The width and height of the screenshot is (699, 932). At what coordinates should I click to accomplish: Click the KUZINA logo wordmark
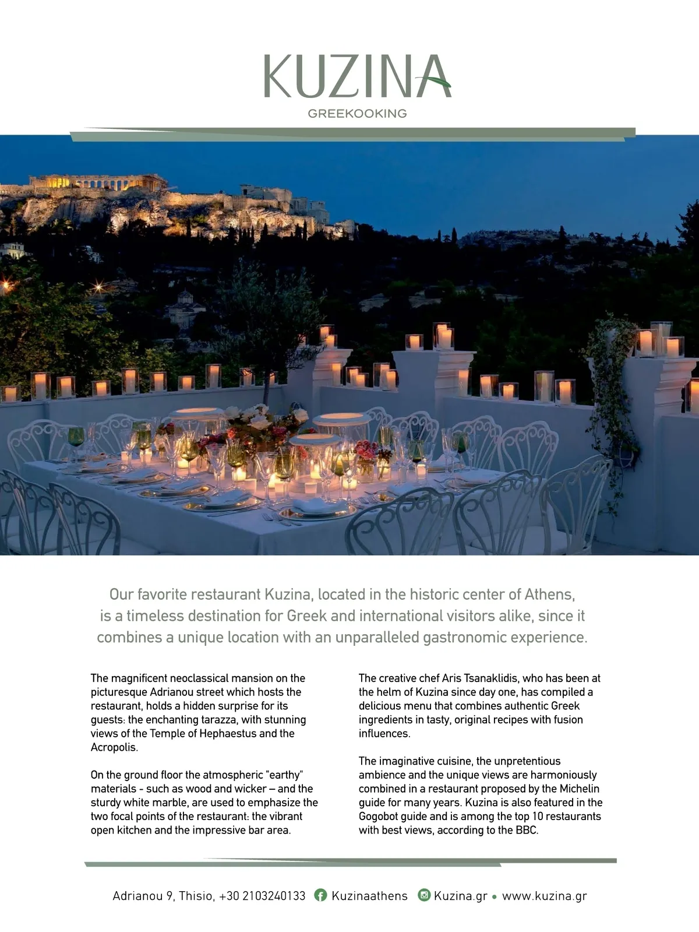pyautogui.click(x=356, y=76)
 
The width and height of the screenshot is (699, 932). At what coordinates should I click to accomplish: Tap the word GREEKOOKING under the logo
pyautogui.click(x=357, y=114)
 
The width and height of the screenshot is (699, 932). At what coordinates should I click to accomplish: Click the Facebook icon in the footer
pyautogui.click(x=320, y=895)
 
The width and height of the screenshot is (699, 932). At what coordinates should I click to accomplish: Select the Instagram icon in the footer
pyautogui.click(x=424, y=895)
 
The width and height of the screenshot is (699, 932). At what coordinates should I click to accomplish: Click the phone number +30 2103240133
pyautogui.click(x=262, y=896)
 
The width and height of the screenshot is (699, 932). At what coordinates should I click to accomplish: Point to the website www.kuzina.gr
pyautogui.click(x=544, y=896)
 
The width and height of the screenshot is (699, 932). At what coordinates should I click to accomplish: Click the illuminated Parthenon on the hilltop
pyautogui.click(x=96, y=182)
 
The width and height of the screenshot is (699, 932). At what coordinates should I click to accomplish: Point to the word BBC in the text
pyautogui.click(x=526, y=830)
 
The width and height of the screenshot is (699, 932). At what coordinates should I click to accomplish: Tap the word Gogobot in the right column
pyautogui.click(x=378, y=816)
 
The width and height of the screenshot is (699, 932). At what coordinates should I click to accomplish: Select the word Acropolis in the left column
pyautogui.click(x=114, y=747)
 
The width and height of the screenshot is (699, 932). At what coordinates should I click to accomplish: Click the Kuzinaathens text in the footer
pyautogui.click(x=369, y=896)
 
